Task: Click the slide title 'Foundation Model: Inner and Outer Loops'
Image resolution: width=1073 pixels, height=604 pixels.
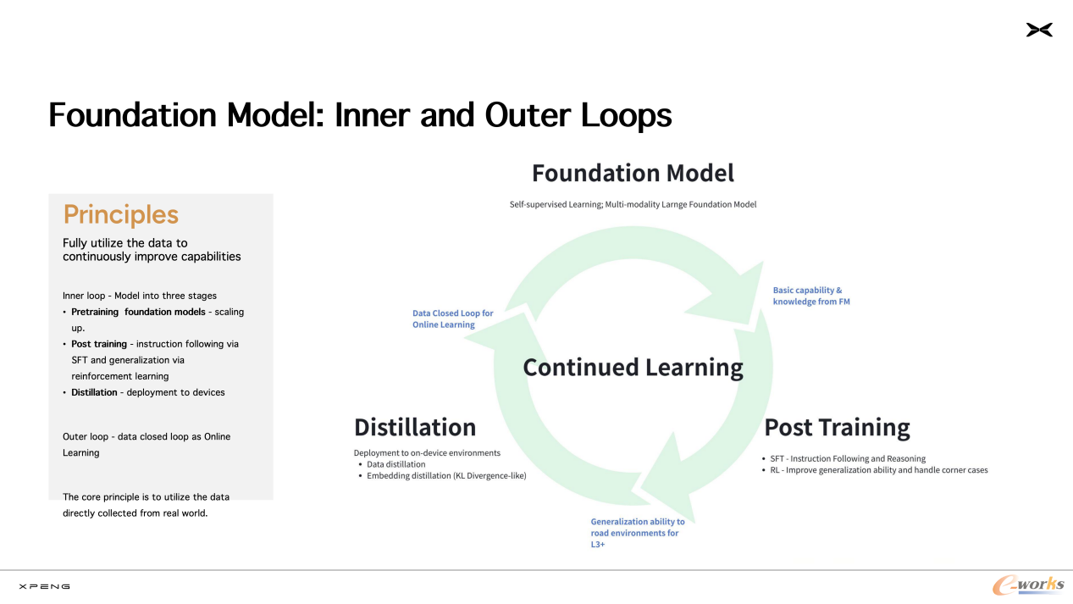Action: (x=360, y=115)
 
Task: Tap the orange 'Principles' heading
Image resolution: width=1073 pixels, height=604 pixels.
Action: (x=121, y=215)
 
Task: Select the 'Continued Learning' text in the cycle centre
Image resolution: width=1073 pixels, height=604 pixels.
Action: (x=633, y=368)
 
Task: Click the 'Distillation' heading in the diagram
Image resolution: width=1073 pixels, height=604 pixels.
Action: (x=415, y=427)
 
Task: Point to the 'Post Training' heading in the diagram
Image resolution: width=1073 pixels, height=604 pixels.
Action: (x=837, y=427)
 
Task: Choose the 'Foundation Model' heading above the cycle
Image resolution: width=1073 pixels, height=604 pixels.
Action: (x=633, y=174)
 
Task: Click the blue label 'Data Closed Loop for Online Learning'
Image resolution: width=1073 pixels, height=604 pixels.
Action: (x=452, y=319)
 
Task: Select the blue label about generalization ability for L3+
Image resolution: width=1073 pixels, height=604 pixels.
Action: (x=637, y=533)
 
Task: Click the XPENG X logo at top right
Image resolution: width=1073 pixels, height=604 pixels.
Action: (x=1039, y=30)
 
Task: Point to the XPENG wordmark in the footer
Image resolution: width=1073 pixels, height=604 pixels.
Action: (x=44, y=586)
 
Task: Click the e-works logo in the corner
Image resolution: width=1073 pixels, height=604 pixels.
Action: (x=1028, y=585)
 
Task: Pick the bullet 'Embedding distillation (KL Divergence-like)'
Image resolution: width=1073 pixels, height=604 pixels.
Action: (x=446, y=476)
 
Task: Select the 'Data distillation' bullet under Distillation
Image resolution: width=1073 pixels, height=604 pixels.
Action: (x=395, y=464)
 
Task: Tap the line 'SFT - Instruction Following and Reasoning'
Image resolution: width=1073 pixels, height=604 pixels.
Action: (x=848, y=458)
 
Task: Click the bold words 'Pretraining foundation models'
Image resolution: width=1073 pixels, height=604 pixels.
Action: (x=138, y=312)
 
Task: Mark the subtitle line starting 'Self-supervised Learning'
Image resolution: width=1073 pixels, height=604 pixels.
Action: (x=633, y=204)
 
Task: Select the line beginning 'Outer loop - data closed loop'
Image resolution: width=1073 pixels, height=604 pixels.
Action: (x=147, y=437)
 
